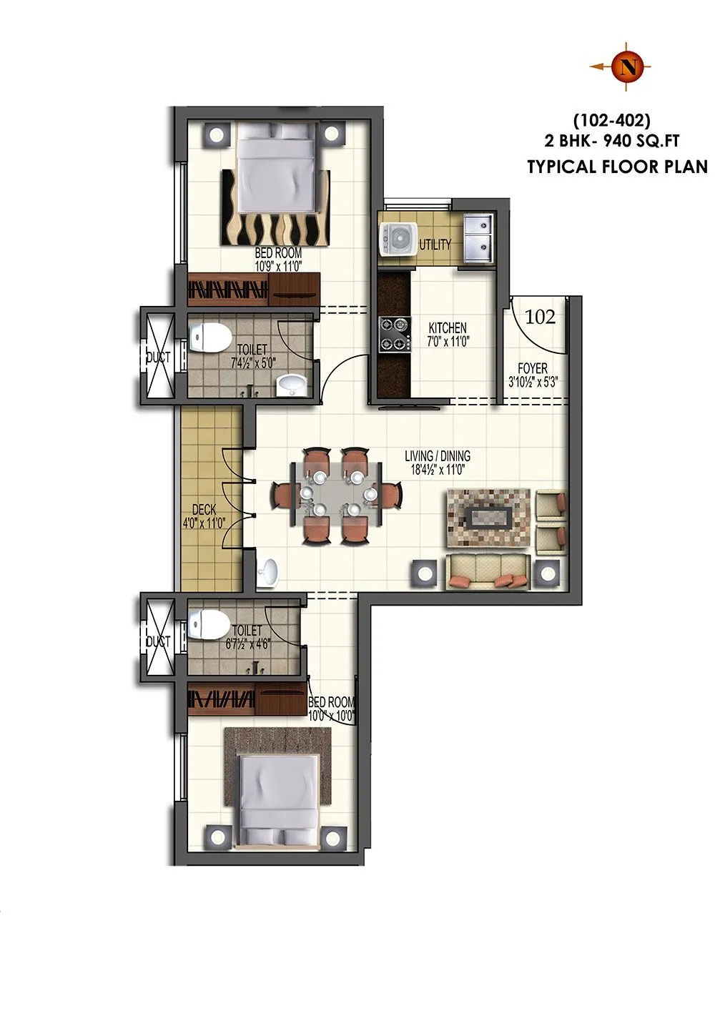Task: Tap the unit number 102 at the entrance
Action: click(x=540, y=317)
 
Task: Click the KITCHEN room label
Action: click(x=448, y=328)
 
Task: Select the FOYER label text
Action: click(x=532, y=368)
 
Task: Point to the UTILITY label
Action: click(x=435, y=245)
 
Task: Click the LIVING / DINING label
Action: click(x=438, y=456)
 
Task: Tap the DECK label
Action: click(x=204, y=510)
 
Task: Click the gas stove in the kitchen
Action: click(x=395, y=335)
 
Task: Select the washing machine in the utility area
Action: click(x=395, y=238)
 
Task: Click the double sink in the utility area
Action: click(x=477, y=237)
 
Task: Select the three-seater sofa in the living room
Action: click(x=488, y=571)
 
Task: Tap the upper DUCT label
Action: click(x=157, y=357)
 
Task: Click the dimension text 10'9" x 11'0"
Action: click(x=278, y=266)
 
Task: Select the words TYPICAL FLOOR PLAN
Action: click(x=617, y=167)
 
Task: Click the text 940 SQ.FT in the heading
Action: click(x=641, y=142)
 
